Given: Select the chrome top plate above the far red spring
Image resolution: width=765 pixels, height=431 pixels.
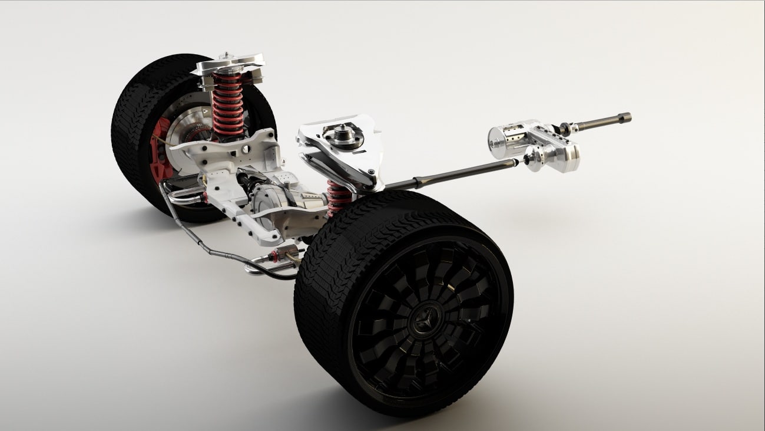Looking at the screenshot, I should coord(230,64).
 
